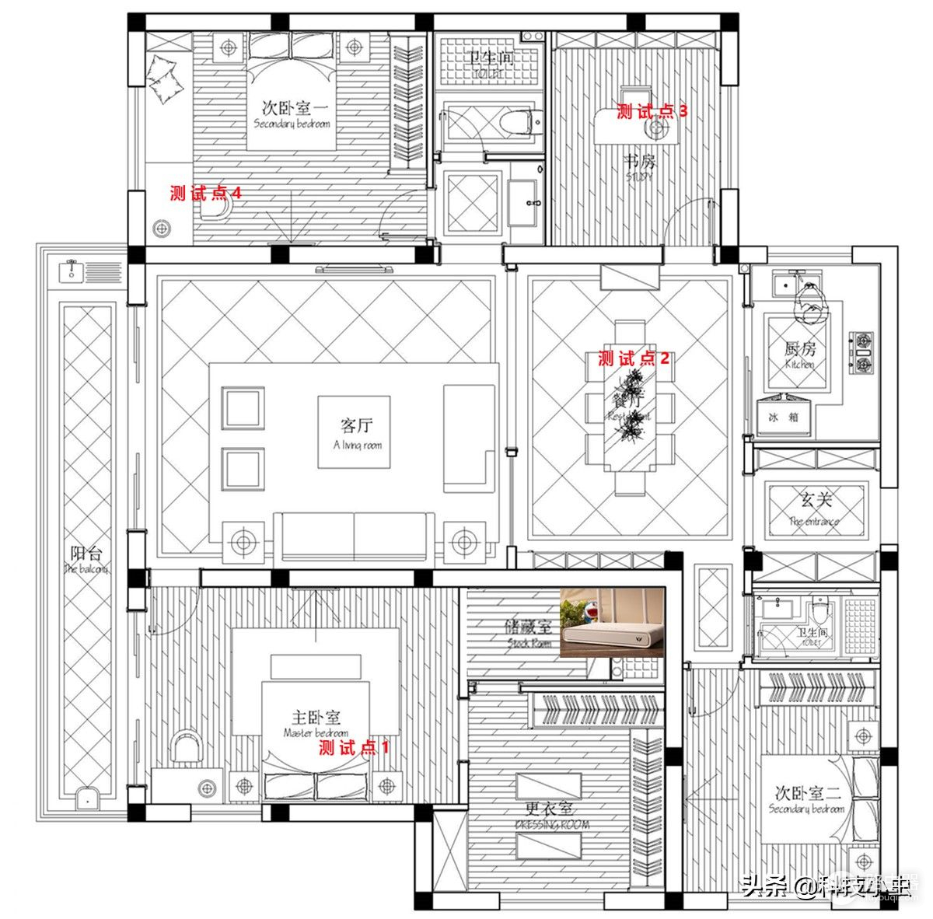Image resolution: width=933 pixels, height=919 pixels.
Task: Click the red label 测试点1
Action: pos(354,748)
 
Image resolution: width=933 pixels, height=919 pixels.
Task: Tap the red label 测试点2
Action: pos(633,358)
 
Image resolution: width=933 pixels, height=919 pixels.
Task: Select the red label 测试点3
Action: pos(652,111)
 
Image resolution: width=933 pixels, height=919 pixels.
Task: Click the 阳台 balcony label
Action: pos(86,559)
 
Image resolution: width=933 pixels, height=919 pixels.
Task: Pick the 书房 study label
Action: pos(639,166)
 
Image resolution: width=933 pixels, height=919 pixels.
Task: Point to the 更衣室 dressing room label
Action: pos(552,816)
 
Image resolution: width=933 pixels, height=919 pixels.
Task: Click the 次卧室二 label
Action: pos(807,798)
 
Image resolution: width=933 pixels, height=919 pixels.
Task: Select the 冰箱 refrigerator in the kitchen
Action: pos(783,417)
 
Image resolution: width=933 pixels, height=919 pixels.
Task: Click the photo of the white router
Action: pos(612,623)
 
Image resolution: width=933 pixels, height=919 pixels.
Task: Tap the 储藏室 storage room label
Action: pos(529,632)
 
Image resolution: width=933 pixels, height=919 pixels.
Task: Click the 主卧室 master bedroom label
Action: pos(316,722)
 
